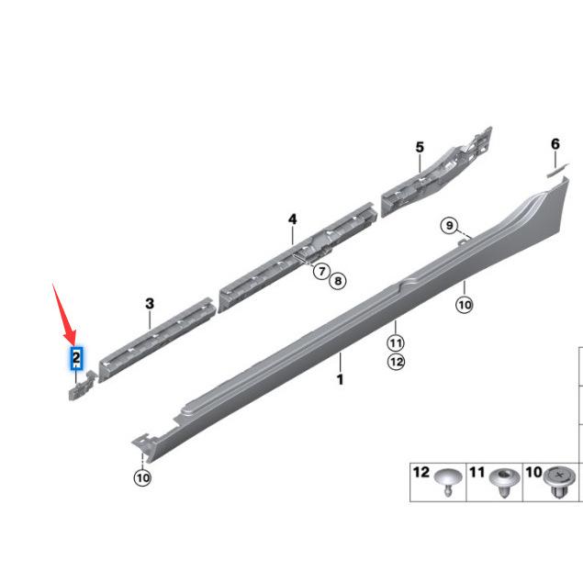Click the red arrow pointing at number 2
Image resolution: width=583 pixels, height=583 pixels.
63,314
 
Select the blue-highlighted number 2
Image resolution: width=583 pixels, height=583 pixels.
76,359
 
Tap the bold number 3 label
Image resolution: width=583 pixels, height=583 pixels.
150,304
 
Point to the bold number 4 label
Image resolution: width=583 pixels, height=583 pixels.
293,219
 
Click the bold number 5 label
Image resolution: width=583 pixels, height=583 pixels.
420,147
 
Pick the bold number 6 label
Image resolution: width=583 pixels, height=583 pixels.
555,144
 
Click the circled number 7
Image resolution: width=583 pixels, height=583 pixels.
322,271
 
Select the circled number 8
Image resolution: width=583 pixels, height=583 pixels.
338,280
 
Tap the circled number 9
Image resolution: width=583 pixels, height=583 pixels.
450,225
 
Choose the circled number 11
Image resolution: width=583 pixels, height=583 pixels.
396,342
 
